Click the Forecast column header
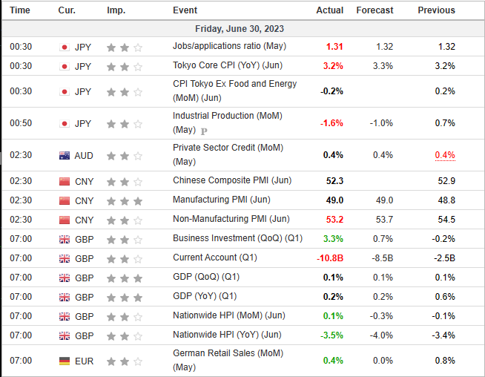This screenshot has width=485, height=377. (375, 10)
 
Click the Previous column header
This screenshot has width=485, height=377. (436, 10)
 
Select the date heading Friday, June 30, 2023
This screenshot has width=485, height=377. (240, 28)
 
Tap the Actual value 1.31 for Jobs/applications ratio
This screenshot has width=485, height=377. (334, 47)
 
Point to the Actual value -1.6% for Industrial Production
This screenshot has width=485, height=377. (331, 123)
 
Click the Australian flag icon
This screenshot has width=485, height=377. (64, 155)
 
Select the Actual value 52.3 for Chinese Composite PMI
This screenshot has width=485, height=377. (334, 181)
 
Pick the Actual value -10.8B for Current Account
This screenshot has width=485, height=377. (328, 258)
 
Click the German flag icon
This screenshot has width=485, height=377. (64, 361)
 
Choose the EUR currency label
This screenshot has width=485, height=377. (84, 361)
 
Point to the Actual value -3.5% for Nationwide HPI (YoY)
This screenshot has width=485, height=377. (331, 335)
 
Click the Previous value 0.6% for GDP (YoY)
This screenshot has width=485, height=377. (445, 297)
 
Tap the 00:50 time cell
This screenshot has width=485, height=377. (21, 123)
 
